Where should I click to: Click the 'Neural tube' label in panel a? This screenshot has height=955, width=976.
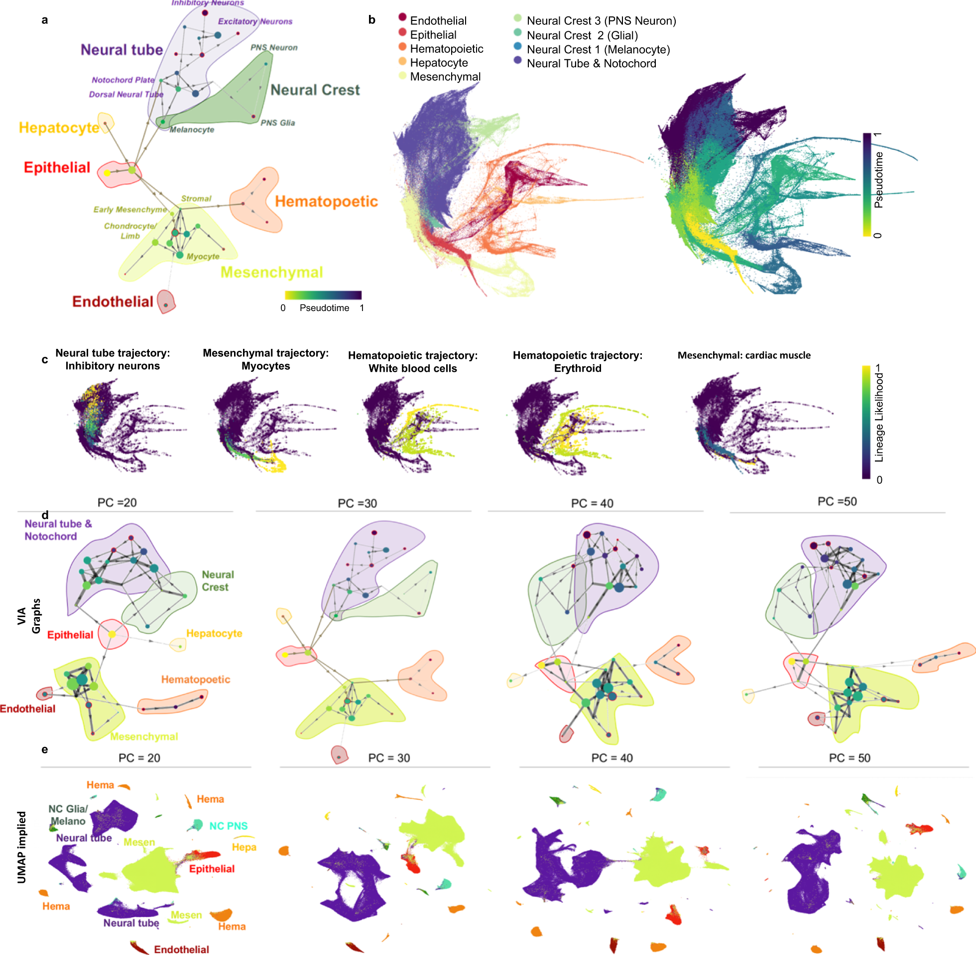tap(122, 50)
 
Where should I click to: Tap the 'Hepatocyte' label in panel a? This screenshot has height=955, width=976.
tap(59, 128)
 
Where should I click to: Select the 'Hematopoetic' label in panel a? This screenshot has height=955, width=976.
tap(326, 202)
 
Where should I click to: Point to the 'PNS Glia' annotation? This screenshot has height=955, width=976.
tap(277, 123)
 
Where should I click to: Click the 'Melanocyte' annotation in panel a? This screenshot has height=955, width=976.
tap(192, 130)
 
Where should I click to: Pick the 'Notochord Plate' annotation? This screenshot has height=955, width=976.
tap(123, 80)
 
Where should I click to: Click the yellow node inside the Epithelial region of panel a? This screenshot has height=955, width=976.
tap(107, 173)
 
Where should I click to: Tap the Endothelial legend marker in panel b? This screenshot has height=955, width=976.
tap(402, 17)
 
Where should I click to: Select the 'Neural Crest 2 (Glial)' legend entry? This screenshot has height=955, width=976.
tap(582, 36)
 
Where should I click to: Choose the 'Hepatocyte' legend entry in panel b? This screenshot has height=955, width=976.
tap(439, 63)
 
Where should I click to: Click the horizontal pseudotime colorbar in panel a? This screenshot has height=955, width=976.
tap(323, 295)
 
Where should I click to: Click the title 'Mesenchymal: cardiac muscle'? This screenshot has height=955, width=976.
tap(743, 355)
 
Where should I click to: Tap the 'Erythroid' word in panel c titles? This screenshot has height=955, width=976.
tap(577, 368)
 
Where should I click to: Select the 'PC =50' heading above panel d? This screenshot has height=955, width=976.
tap(837, 502)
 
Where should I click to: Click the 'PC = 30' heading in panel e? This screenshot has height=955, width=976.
tap(389, 758)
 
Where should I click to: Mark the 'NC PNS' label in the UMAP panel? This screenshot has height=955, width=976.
tap(229, 826)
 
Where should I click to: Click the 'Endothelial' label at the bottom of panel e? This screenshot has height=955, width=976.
tap(181, 950)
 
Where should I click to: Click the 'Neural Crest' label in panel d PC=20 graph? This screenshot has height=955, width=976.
tap(217, 581)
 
